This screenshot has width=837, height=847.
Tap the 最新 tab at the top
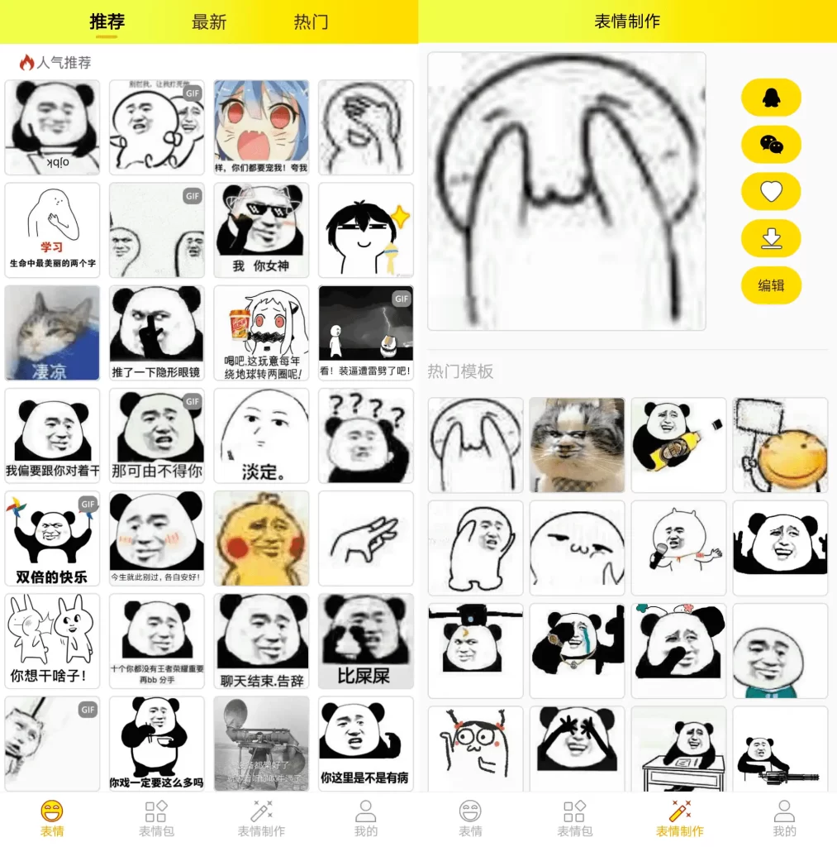[x=209, y=22]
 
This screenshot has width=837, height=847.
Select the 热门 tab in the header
[x=311, y=22]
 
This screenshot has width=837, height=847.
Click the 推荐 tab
[x=107, y=22]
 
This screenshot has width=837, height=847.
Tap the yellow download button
[x=771, y=239]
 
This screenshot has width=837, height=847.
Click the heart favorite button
[x=771, y=192]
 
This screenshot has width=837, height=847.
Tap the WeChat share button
[x=771, y=145]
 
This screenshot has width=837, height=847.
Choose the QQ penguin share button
[x=771, y=98]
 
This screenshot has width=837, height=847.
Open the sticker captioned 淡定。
[x=261, y=436]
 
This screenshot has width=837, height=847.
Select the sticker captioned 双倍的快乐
[x=52, y=538]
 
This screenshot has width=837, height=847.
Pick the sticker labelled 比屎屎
[x=365, y=641]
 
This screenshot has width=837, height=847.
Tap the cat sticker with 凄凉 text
[x=52, y=333]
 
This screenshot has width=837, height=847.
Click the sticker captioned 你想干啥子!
[x=52, y=641]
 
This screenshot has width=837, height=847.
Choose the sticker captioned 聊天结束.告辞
[x=261, y=641]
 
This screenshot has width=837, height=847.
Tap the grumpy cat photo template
[x=577, y=445]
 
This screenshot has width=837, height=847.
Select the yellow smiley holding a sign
[x=780, y=445]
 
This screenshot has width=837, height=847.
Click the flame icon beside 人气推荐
[x=26, y=63]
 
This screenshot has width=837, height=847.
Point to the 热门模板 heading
[x=460, y=371]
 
